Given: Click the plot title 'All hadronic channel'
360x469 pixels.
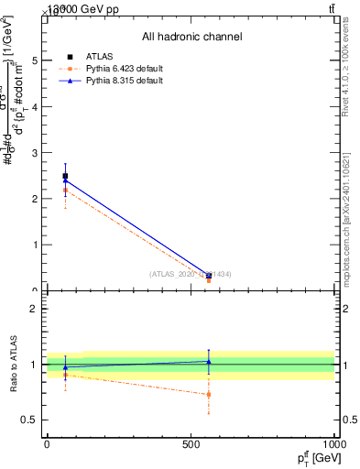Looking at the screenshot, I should point(191,37).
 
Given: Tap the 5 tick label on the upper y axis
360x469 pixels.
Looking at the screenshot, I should point(35,60).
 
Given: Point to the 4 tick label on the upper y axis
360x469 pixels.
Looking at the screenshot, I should point(35,106).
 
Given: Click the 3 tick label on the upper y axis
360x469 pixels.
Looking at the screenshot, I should point(35,152).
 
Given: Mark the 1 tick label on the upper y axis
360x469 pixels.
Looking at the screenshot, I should point(35,245).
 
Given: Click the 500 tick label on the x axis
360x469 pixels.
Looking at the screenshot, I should point(191,443).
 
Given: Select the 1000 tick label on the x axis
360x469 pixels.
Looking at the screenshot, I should point(334,443).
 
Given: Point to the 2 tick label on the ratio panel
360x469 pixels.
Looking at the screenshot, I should point(35,309).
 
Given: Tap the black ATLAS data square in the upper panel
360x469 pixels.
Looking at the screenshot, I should point(65,176).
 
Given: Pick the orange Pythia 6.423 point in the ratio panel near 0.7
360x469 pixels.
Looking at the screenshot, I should point(209,395).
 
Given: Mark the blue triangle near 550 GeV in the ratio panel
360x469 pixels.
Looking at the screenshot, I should point(209,361).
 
